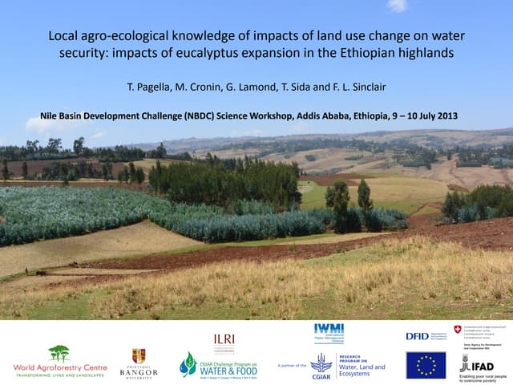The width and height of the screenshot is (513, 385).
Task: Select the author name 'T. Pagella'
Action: point(146,87)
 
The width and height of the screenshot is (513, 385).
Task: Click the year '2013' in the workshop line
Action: point(445,115)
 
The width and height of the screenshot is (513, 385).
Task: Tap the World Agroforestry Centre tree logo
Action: point(59,353)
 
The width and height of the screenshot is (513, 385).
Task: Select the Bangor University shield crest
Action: point(139,355)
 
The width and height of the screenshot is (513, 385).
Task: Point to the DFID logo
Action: point(417,335)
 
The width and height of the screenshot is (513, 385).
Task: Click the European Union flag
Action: point(426,364)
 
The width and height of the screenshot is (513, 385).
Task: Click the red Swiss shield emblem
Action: point(458,330)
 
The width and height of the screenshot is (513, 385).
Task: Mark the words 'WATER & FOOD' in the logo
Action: point(228,371)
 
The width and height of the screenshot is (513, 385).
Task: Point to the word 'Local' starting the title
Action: point(63,36)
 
